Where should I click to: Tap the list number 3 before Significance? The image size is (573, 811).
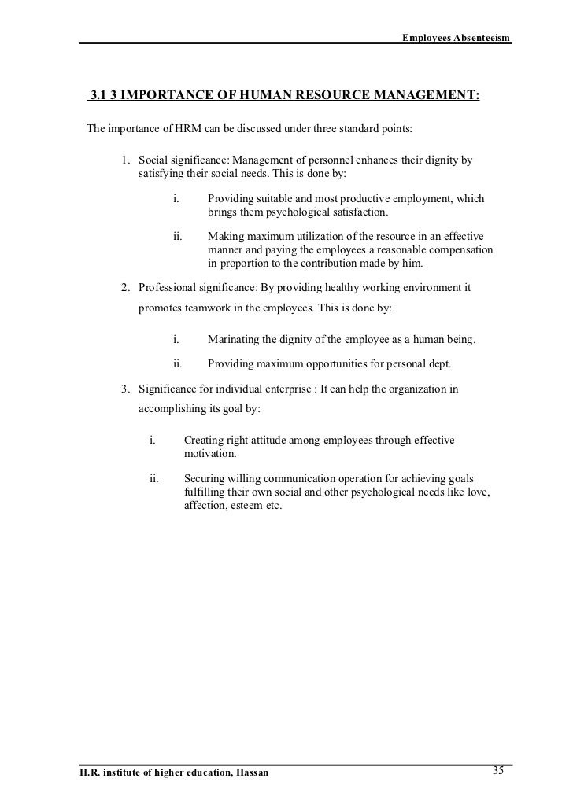[124, 389]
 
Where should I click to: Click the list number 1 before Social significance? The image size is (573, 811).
[124, 160]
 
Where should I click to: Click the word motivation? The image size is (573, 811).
[209, 455]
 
